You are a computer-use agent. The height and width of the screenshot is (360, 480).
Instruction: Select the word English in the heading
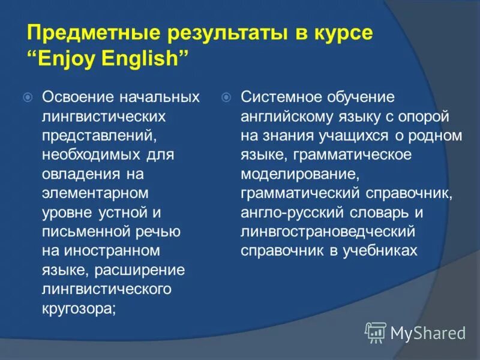(x=143, y=60)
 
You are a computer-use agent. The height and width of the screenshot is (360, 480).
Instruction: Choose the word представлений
(x=91, y=136)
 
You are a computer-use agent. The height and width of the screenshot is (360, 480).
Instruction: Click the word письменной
(x=79, y=232)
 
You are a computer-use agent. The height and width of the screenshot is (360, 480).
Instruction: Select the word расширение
(x=139, y=270)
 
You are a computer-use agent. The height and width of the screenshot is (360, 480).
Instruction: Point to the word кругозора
(x=77, y=308)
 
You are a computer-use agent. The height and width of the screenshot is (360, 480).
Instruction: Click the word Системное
(x=280, y=97)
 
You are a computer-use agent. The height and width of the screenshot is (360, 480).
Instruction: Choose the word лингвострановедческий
(x=319, y=232)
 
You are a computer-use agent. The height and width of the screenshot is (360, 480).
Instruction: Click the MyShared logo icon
(x=376, y=331)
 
